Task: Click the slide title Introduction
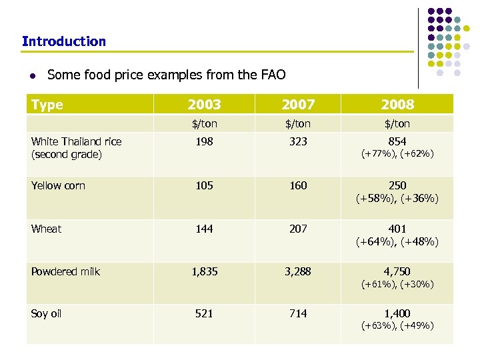(x=64, y=41)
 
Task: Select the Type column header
(x=47, y=105)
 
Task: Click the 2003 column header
(x=204, y=105)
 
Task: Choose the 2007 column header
(x=298, y=105)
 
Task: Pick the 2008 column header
(x=397, y=105)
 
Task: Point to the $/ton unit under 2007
(x=298, y=124)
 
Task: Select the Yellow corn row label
(x=59, y=185)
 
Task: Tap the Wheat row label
(x=46, y=229)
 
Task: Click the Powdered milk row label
(x=65, y=271)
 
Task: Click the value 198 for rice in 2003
(x=204, y=141)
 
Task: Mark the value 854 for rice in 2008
(x=397, y=141)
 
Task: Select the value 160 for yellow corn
(x=298, y=185)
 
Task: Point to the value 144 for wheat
(x=204, y=229)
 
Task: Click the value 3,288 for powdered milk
(x=298, y=271)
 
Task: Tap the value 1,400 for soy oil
(x=397, y=313)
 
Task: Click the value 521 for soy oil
(x=204, y=313)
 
